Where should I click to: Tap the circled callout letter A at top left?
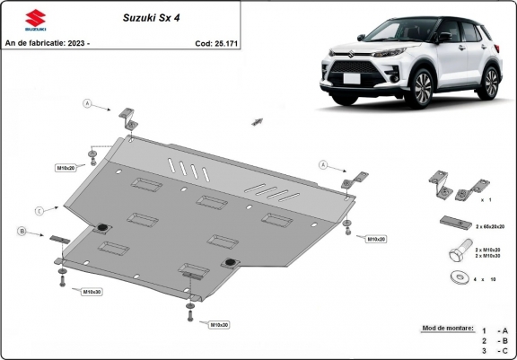point(88,104)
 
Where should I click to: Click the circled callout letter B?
point(21,232)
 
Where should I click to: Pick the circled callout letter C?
point(39,210)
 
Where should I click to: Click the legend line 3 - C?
point(495,351)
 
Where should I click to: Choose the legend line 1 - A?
point(495,329)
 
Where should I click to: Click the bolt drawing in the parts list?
point(453,251)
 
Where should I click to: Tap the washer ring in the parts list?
point(456,277)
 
